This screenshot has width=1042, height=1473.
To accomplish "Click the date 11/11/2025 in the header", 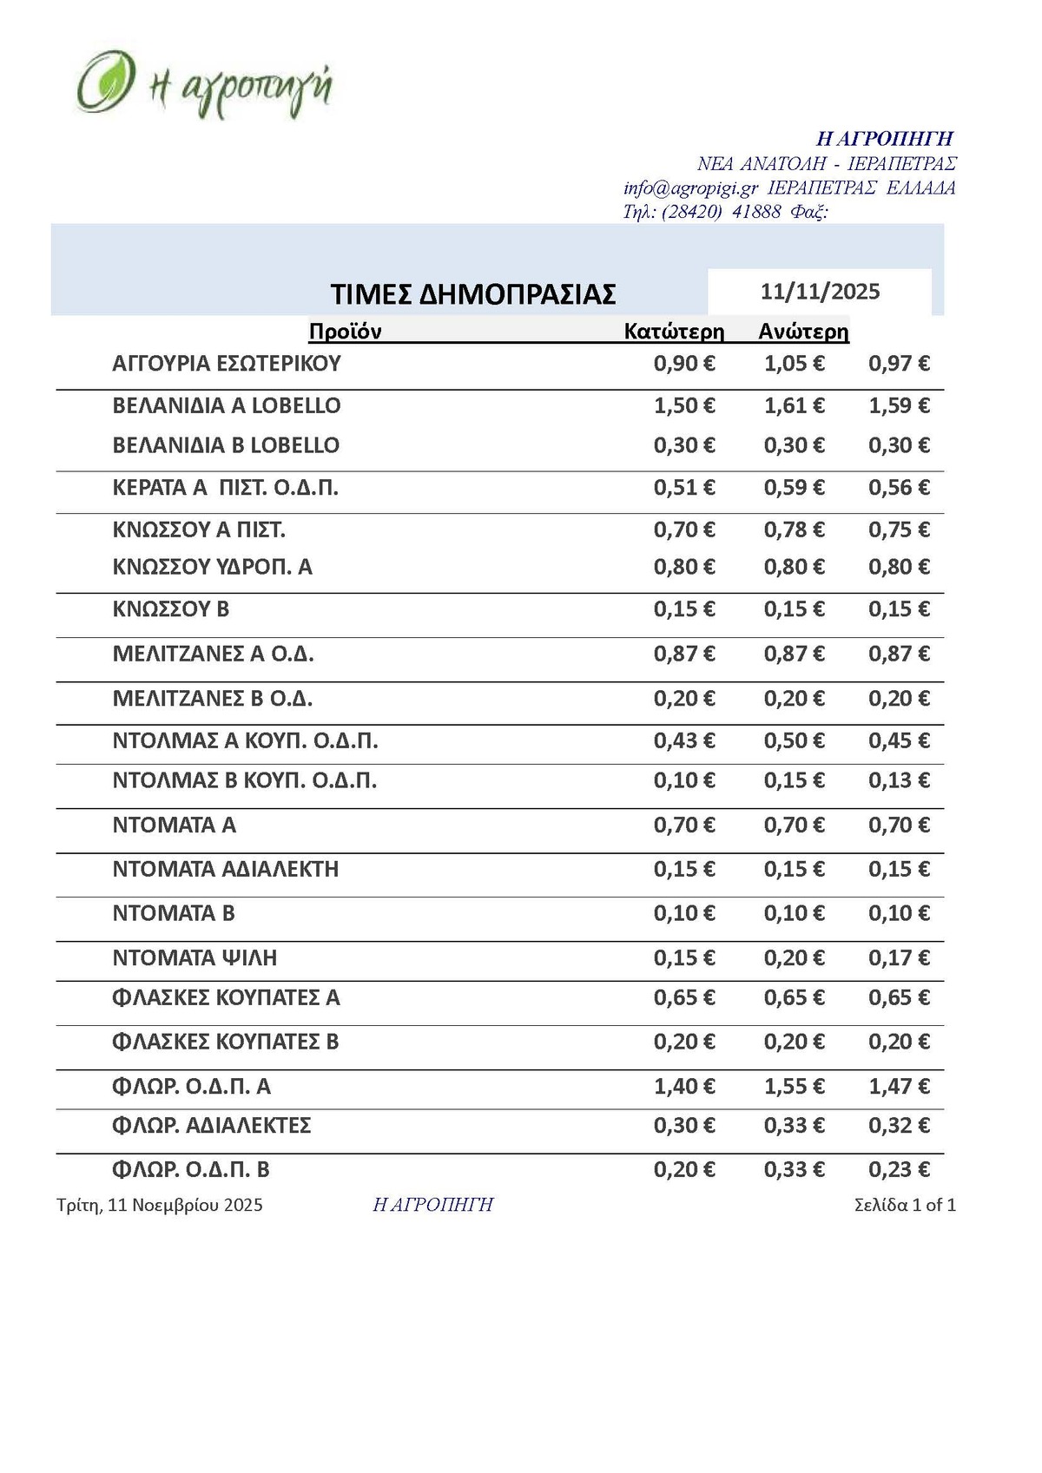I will (820, 292).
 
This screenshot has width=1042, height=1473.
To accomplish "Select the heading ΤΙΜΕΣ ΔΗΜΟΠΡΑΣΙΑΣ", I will (473, 294).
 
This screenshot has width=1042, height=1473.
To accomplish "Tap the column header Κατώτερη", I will (674, 331).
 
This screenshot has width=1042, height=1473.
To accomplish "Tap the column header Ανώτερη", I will (803, 331).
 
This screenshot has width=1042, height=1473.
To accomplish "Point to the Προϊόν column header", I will (345, 331).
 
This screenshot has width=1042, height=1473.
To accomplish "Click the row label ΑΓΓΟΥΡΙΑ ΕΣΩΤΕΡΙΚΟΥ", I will (227, 364).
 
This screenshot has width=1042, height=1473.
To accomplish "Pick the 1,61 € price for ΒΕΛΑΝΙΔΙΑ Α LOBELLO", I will (794, 405).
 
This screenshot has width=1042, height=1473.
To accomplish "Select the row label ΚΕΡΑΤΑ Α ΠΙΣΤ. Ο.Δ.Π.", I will (226, 488).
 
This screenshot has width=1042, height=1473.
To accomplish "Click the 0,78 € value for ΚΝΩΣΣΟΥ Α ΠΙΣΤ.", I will (794, 529).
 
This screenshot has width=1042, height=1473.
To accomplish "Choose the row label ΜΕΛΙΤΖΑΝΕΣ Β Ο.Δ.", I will (213, 699).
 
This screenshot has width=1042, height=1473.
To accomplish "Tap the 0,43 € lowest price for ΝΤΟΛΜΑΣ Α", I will (684, 741).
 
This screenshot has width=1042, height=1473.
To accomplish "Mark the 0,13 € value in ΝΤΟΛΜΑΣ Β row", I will (899, 780).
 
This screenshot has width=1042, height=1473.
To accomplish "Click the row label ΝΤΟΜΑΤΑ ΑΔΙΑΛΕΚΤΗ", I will (226, 869).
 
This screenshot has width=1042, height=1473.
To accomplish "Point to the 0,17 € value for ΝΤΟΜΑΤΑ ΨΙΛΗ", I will (899, 958).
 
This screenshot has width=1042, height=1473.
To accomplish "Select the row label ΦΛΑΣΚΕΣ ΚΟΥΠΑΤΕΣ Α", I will (227, 998).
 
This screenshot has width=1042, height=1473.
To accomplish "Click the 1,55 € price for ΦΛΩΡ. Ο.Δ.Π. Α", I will (794, 1086).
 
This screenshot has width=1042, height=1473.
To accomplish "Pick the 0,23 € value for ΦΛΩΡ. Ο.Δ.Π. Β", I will (899, 1169).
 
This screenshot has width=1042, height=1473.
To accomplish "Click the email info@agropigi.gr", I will (690, 188).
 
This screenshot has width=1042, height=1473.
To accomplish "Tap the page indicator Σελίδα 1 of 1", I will (905, 1205).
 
